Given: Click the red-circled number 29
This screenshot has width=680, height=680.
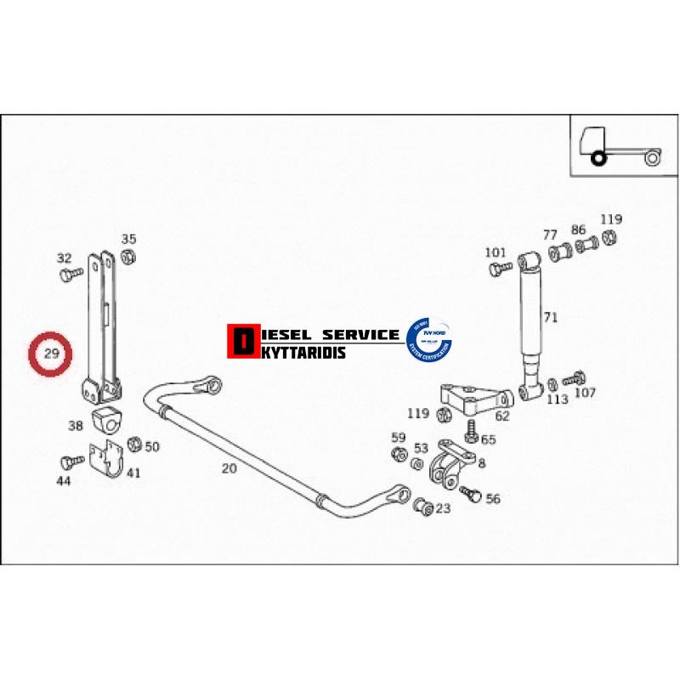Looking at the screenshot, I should pos(51,353).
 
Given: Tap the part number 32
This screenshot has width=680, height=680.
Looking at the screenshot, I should pos(65,258).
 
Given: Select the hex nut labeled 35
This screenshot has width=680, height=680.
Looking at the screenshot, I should pos(128,257).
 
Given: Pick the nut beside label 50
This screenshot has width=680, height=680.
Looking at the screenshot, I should pos(133,444).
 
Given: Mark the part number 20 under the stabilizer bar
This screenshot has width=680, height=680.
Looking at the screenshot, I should pos(229,468).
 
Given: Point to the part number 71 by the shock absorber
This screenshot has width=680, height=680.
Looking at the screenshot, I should pos(551,318).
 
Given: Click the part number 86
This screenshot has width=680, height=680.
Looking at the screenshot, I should pos(578,229).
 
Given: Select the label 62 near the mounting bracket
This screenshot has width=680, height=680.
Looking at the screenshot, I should pos(501,416).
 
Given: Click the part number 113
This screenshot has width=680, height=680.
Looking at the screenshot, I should pos(557,399).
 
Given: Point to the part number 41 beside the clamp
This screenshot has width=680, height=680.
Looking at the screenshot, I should pos(133,473).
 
